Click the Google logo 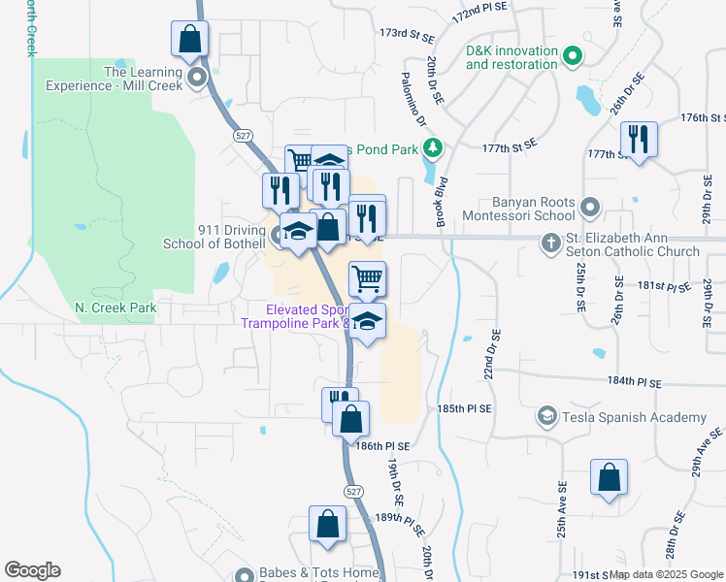tap(32, 570)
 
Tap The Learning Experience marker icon tap(199, 78)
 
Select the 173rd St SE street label tap(407, 34)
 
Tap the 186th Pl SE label tap(383, 445)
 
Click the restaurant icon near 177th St tap(639, 140)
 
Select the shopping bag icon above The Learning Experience tap(190, 40)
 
